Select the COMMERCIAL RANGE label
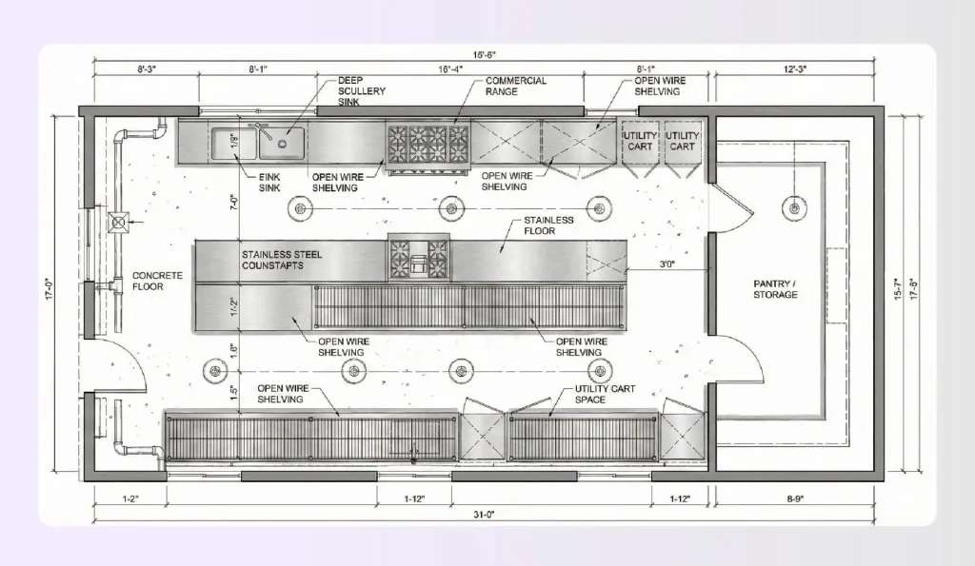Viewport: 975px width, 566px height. click(516, 87)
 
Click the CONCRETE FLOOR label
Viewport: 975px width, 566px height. click(157, 280)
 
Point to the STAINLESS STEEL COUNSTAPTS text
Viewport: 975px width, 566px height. click(282, 260)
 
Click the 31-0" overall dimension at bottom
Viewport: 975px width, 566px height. click(483, 515)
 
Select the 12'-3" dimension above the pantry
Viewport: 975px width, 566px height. click(800, 69)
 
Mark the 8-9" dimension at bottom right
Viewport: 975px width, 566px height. click(800, 498)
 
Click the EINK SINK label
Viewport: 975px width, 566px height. click(269, 183)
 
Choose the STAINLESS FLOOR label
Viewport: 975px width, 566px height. click(549, 225)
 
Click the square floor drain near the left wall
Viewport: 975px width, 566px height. click(119, 224)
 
